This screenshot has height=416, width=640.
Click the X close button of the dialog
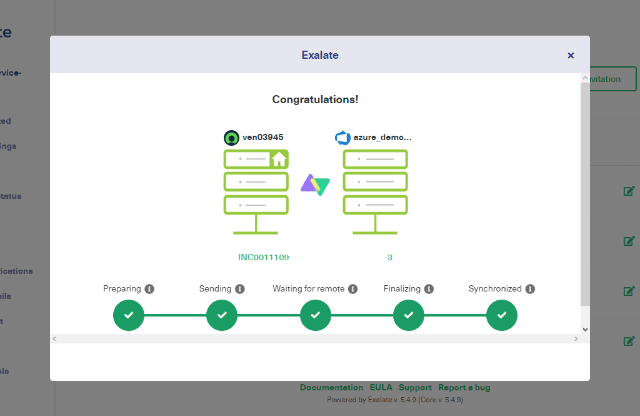pos(571,56)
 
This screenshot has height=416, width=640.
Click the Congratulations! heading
pos(315,99)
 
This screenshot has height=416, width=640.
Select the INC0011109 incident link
pos(263,257)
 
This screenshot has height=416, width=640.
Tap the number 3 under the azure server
pos(390,257)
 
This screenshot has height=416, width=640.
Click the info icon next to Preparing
pos(149,289)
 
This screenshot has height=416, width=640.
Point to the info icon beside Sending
pos(240,289)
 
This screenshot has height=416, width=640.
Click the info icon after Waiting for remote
pos(352,289)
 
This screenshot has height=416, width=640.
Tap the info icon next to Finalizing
pos(429,289)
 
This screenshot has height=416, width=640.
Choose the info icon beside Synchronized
pos(530,289)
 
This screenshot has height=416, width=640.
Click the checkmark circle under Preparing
pos(129,315)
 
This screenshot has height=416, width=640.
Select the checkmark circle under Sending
pos(222,315)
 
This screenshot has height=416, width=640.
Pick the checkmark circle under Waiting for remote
pos(316,315)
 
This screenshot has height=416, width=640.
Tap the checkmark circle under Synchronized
pos(502,315)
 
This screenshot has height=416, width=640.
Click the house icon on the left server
pos(279,160)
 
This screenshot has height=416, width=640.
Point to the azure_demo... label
pos(382,137)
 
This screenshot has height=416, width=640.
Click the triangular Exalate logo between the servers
pos(316,184)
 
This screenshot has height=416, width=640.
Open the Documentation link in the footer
pos(331,388)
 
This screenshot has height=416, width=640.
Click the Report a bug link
pos(464,388)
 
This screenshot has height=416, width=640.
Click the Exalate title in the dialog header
pos(320,55)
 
